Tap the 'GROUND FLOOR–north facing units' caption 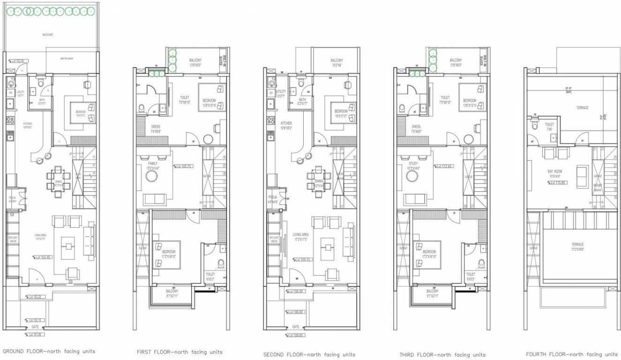49,351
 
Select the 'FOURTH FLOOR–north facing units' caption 572,354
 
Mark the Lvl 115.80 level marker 556,183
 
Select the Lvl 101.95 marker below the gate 35,335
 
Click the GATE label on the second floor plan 296,327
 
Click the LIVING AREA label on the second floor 300,237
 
